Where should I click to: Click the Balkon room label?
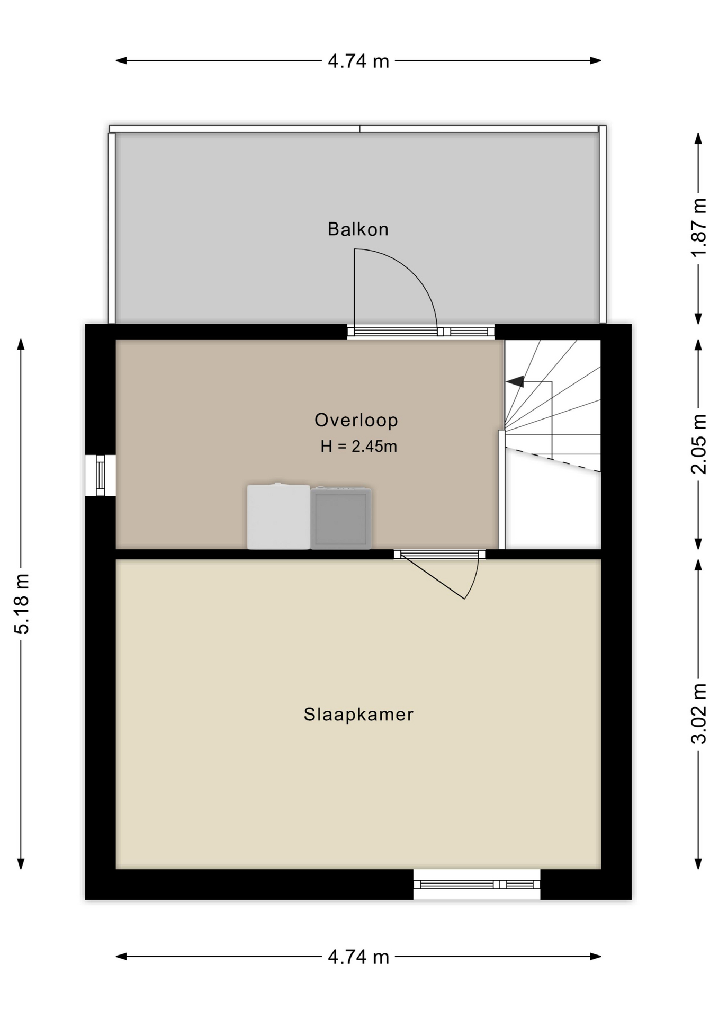[358, 229]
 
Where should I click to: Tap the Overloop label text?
[356, 420]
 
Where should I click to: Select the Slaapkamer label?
[358, 715]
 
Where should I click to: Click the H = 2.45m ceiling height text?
[358, 447]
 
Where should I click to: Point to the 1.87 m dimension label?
[699, 227]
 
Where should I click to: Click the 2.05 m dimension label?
[699, 444]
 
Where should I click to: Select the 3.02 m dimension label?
[699, 713]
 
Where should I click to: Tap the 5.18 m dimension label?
[22, 604]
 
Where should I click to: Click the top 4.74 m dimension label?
[358, 61]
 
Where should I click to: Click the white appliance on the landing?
[278, 516]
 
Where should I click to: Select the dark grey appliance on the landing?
[341, 518]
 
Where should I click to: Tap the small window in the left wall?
[100, 475]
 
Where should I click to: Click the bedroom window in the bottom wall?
[477, 884]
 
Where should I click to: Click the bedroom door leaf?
[433, 577]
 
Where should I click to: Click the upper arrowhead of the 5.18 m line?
[21, 344]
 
